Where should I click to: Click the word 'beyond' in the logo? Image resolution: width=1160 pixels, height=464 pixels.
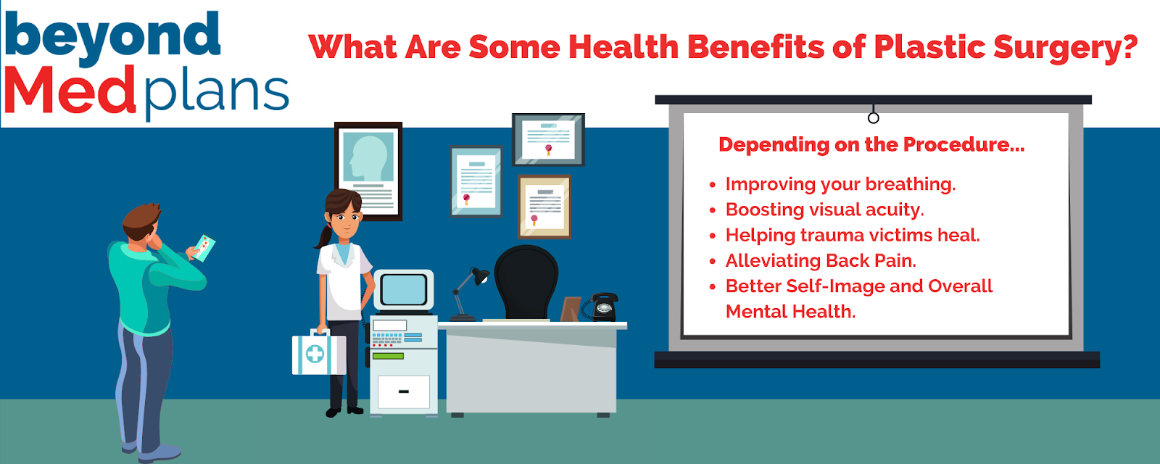click(113, 36)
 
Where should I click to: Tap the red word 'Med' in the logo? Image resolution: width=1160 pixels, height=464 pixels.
click(70, 90)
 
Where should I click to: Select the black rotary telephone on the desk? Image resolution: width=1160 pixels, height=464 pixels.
click(601, 307)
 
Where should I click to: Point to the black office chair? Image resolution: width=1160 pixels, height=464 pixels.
click(526, 283)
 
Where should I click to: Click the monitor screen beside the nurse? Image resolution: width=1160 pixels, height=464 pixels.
click(404, 289)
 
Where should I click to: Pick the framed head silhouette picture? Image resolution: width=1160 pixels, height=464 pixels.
click(368, 171)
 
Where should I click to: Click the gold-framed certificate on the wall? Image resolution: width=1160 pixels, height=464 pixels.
click(544, 207)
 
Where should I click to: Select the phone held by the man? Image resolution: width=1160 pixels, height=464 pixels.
click(204, 247)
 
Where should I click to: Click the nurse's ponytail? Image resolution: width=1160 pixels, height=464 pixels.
click(323, 236)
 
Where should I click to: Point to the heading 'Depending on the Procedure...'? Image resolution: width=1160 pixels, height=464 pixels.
click(871, 144)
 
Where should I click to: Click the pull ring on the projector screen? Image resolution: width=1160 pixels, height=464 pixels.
click(873, 118)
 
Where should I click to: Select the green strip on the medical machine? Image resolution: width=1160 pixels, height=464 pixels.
click(388, 356)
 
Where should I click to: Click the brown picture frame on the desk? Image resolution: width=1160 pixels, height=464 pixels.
click(570, 309)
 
